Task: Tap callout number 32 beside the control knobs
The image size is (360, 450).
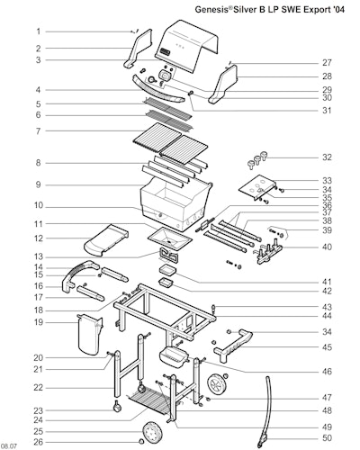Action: (x=327, y=157)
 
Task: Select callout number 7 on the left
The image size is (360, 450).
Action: (x=38, y=131)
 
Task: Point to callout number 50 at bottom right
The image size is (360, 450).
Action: (x=327, y=437)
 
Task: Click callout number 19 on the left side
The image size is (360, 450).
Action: (x=39, y=322)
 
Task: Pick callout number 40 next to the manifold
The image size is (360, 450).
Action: (x=327, y=247)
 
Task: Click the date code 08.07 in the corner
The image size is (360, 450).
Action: (x=9, y=446)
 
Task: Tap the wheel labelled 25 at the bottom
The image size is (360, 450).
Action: (x=152, y=431)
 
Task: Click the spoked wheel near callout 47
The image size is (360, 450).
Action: (x=218, y=385)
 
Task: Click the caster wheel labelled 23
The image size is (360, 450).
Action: (x=117, y=407)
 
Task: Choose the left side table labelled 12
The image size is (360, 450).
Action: (x=106, y=240)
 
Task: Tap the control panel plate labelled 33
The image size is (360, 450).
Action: (x=257, y=187)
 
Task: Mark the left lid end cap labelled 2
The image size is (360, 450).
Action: (x=139, y=48)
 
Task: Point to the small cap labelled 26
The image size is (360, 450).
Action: (x=140, y=442)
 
